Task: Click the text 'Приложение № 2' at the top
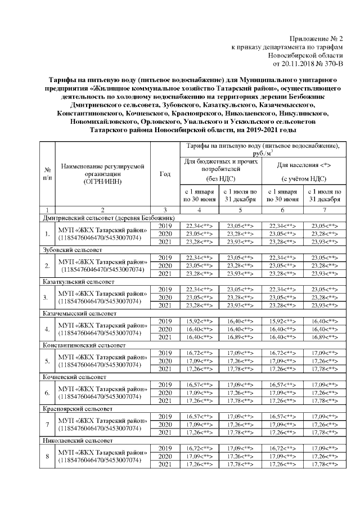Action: tap(316, 38)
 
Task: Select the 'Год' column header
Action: tap(165, 174)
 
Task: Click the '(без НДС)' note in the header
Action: tap(221, 178)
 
